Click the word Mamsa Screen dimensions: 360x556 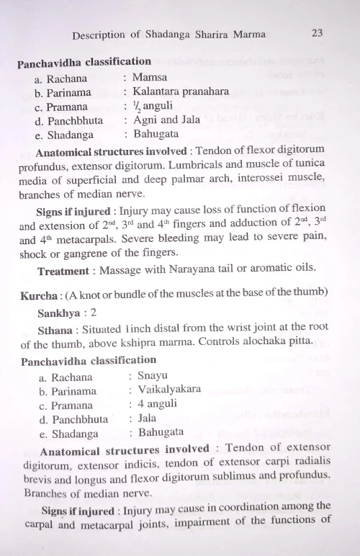coord(150,77)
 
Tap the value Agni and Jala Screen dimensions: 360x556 coord(163,120)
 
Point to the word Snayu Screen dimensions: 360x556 coord(153,376)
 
